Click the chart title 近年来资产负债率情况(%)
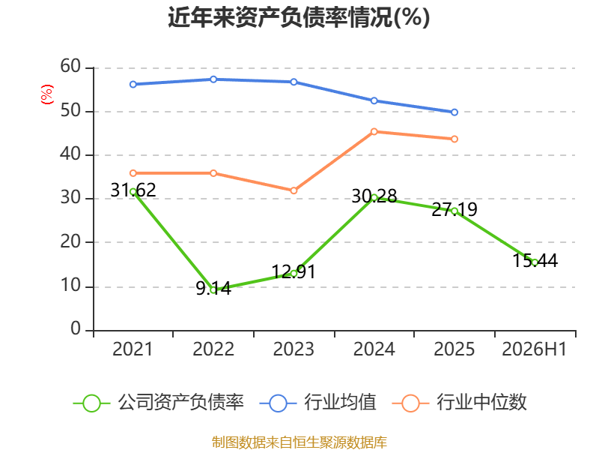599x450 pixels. click(x=299, y=17)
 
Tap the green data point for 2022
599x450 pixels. click(x=213, y=290)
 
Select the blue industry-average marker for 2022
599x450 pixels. click(x=213, y=79)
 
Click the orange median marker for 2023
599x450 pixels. click(x=294, y=190)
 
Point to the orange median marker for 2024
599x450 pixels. click(x=374, y=132)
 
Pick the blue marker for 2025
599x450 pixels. click(x=454, y=112)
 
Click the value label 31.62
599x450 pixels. click(x=133, y=190)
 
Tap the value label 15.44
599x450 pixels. click(x=535, y=260)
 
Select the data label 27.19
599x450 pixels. click(x=454, y=209)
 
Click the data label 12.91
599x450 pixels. click(x=294, y=272)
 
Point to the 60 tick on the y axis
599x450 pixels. click(x=70, y=66)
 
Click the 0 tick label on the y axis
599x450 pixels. click(x=76, y=328)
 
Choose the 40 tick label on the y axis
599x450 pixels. click(x=70, y=154)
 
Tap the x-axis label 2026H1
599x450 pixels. click(x=535, y=349)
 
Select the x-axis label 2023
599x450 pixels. click(x=294, y=349)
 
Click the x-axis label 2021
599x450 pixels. click(x=133, y=349)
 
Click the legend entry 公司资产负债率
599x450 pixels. click(x=159, y=403)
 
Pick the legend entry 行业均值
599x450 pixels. click(x=317, y=403)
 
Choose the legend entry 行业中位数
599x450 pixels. click(x=460, y=403)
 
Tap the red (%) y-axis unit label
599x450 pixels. click(x=47, y=94)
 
